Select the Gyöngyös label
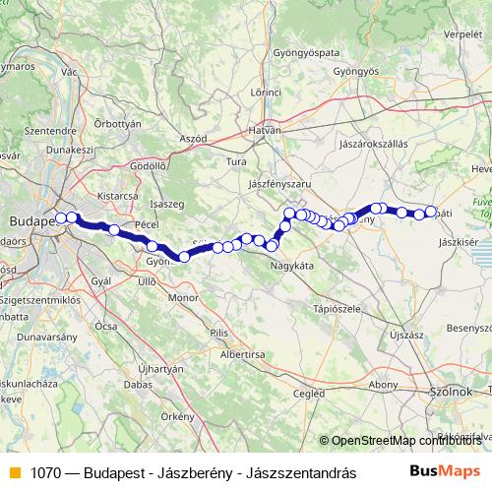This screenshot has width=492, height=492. (356, 72)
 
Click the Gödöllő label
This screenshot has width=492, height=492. (148, 166)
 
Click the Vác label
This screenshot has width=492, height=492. (69, 72)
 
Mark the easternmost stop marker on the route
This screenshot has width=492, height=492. (430, 212)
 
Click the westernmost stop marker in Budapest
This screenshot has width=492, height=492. (61, 217)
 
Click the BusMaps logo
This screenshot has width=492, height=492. (446, 471)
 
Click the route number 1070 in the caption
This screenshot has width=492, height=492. (45, 472)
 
